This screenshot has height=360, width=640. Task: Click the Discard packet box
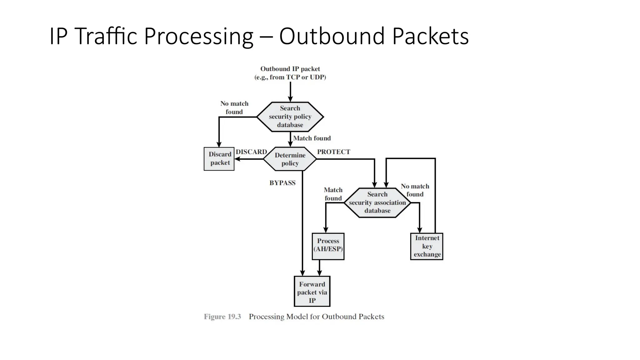219,159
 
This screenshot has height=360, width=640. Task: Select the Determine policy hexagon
290,159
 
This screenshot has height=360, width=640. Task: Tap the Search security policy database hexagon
290,117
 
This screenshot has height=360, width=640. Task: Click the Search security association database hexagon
377,202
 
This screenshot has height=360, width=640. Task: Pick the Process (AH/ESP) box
328,246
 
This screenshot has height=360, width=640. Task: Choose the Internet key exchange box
427,246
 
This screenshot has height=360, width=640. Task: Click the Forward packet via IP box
312,292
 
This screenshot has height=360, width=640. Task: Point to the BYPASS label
282,183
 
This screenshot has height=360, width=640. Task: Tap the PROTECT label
333,152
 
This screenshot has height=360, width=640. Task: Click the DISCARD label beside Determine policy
251,152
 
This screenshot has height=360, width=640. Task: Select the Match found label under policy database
312,138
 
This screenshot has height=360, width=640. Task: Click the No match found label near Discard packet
234,107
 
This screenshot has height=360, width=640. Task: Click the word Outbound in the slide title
332,37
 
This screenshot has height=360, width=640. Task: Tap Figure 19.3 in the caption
222,317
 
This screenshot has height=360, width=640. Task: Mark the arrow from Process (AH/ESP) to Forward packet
319,268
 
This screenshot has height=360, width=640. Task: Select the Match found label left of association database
333,194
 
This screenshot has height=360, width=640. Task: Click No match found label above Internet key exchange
415,190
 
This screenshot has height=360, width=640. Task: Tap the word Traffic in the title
106,37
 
